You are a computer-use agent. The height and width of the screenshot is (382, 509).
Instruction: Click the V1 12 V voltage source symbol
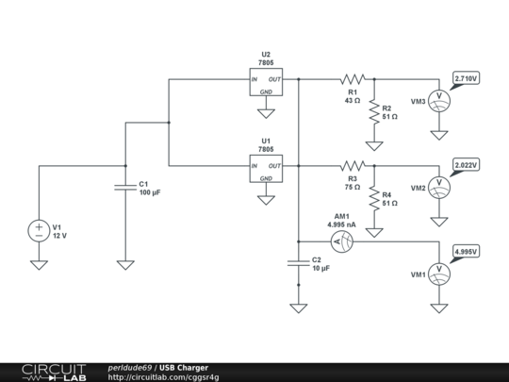click(x=39, y=229)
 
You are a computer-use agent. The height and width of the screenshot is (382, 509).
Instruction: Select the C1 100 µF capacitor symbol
click(x=123, y=187)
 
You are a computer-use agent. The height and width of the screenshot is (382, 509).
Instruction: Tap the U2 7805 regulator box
click(x=266, y=83)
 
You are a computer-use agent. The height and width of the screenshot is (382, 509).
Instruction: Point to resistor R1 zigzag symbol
click(x=353, y=79)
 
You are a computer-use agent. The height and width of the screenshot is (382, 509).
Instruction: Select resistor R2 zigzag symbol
click(x=374, y=112)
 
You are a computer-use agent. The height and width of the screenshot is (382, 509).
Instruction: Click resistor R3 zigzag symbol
click(x=353, y=165)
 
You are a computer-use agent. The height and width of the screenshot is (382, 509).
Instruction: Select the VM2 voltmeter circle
click(x=439, y=186)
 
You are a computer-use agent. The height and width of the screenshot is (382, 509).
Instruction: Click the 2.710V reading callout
click(x=466, y=78)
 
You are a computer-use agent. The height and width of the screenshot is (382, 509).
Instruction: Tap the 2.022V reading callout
click(x=466, y=164)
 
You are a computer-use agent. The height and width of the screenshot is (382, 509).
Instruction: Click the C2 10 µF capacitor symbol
click(x=298, y=263)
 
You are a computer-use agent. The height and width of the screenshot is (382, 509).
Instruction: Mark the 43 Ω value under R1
click(x=353, y=99)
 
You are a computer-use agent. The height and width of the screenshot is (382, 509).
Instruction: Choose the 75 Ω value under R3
click(x=353, y=186)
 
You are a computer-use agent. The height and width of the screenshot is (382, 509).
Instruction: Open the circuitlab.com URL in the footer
click(x=164, y=377)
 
